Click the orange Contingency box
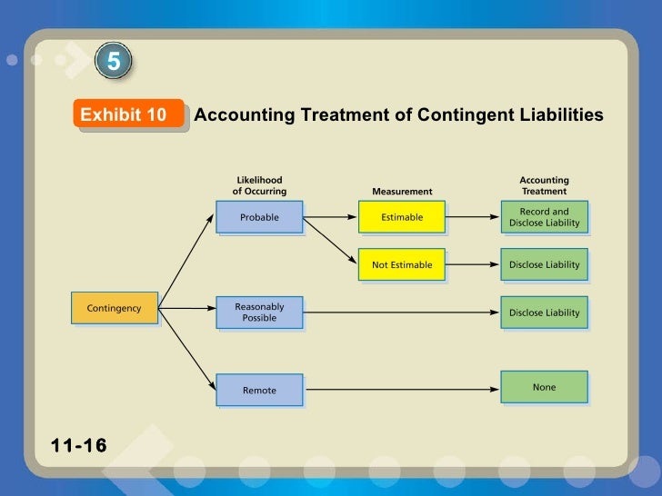[x=114, y=308]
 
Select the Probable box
[x=259, y=217]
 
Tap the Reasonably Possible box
[x=259, y=312]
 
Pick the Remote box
[x=259, y=390]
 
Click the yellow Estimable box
[x=401, y=217]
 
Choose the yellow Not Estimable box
[x=401, y=265]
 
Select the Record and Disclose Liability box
[x=544, y=217]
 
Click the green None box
[x=544, y=387]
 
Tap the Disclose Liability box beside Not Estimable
[x=544, y=265]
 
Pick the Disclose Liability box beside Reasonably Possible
[x=544, y=312]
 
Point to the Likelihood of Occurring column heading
[x=259, y=185]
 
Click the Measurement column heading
[x=402, y=192]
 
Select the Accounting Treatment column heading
[x=544, y=185]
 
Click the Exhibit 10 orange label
[x=124, y=114]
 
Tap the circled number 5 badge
[x=114, y=62]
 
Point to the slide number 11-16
[x=79, y=445]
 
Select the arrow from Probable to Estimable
[x=330, y=217]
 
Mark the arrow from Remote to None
[x=401, y=390]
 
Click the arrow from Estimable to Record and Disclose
[x=472, y=217]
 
